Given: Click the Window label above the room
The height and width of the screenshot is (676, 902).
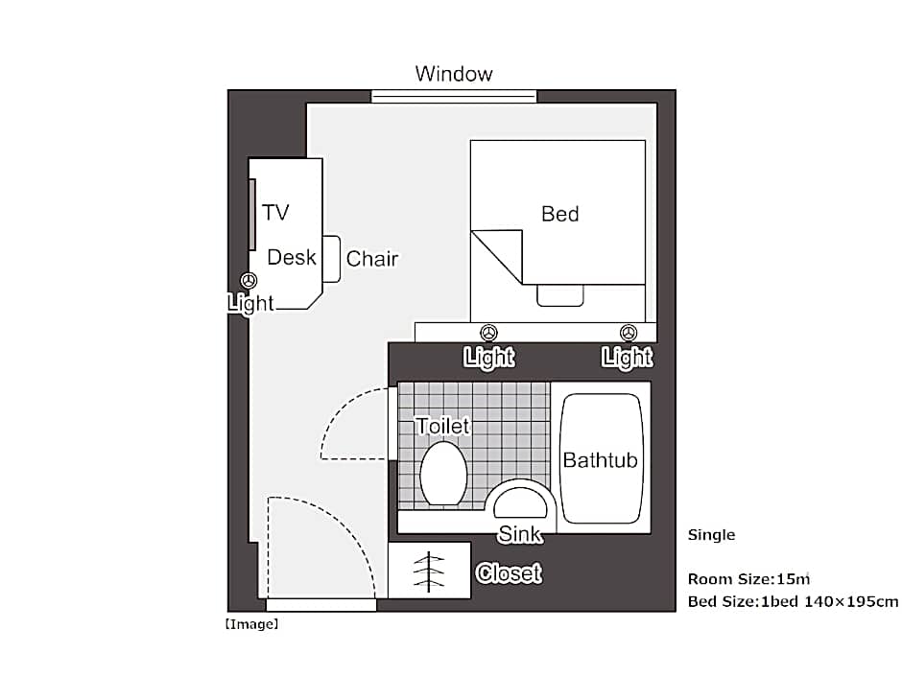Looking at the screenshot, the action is point(454,74).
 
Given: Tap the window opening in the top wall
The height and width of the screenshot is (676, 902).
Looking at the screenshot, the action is point(454,96).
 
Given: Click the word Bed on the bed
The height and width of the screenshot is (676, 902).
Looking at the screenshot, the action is point(559,214).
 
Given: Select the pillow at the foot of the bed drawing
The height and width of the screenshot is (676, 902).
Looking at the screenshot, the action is point(560,295).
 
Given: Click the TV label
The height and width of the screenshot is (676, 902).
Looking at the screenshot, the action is point(275,212).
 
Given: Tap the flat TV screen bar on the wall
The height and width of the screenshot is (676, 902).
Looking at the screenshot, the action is point(252,215).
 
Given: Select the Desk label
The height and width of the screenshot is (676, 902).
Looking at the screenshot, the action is point(291,257).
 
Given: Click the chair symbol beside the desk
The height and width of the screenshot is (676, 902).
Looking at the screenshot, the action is point(331,259).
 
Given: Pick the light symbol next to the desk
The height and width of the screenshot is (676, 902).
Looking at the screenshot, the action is point(249,281).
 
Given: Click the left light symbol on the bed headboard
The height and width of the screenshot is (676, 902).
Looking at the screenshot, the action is point(489,333).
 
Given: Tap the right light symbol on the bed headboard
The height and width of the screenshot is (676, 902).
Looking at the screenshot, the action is point(629,333).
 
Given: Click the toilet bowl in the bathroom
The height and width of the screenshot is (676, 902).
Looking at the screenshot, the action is point(443,474).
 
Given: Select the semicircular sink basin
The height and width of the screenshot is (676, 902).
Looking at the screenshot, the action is point(521,503).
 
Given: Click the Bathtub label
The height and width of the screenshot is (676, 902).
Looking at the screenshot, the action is point(600,460).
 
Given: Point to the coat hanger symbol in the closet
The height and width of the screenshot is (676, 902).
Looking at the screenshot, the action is point(429,571).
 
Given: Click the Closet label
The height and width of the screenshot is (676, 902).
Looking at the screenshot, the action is point(510,573).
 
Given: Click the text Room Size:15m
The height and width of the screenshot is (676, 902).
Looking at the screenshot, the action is point(748,579).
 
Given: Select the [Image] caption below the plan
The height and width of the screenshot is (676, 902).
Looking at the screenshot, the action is point(251,624).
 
